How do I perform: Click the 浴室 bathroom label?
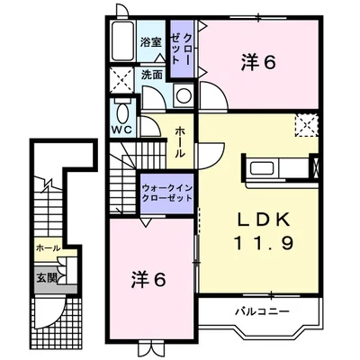(150, 42)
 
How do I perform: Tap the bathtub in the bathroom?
(122, 41)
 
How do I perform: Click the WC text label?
(122, 130)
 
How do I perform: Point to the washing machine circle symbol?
(183, 96)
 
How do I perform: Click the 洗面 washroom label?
(152, 75)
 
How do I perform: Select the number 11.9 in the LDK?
(263, 243)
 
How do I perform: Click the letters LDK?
(264, 220)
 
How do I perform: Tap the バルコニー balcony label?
(262, 311)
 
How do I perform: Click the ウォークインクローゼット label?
(167, 193)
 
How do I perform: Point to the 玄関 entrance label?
(47, 278)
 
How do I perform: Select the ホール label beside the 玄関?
(49, 248)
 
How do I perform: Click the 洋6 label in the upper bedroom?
(258, 63)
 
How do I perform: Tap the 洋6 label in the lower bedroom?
(148, 280)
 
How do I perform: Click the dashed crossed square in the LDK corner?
(306, 126)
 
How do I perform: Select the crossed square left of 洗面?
(121, 80)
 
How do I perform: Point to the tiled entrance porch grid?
(57, 319)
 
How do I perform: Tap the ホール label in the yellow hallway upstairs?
(180, 143)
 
